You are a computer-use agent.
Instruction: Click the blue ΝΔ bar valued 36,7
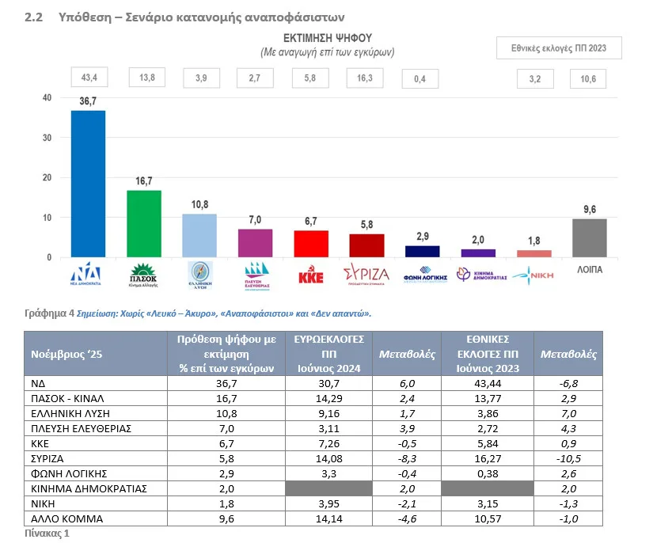pyautogui.click(x=88, y=184)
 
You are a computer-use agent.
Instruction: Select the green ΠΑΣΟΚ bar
pyautogui.click(x=144, y=224)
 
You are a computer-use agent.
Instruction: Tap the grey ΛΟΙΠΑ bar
pyautogui.click(x=590, y=238)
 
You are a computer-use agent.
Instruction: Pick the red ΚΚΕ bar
pyautogui.click(x=311, y=244)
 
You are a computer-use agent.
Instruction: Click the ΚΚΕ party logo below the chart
pyautogui.click(x=311, y=275)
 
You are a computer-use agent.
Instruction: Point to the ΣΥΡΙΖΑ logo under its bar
pyautogui.click(x=366, y=275)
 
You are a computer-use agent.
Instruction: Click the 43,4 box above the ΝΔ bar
pyautogui.click(x=88, y=78)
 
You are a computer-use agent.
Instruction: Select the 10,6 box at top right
pyautogui.click(x=590, y=78)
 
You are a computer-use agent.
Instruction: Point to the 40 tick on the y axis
pyautogui.click(x=47, y=98)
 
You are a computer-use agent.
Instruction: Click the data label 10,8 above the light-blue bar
pyautogui.click(x=199, y=205)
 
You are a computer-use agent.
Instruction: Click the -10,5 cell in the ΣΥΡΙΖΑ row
pyautogui.click(x=568, y=458)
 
